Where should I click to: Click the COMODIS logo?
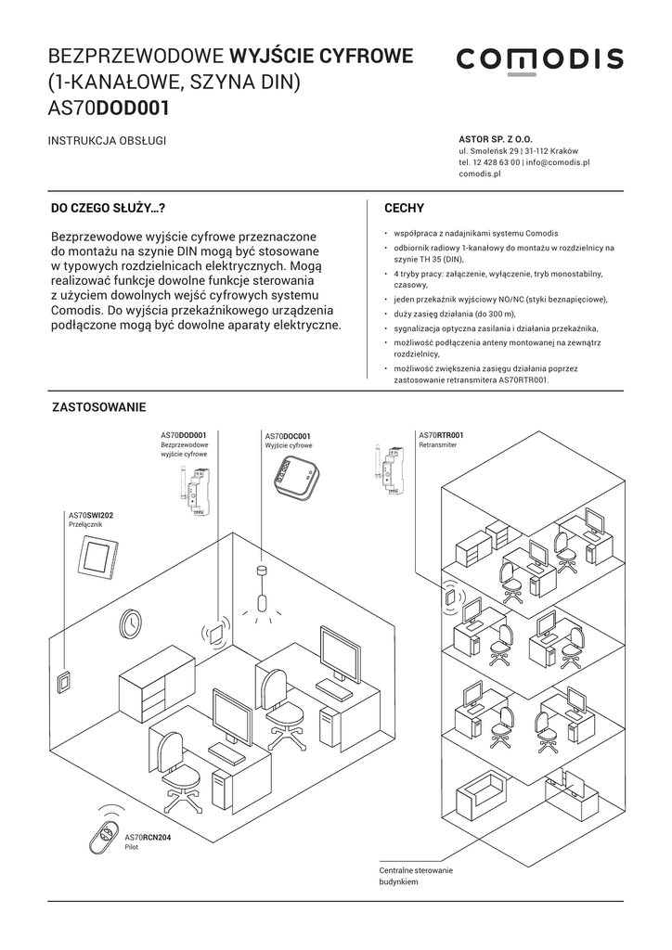click(539, 60)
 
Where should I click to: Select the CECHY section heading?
click(404, 209)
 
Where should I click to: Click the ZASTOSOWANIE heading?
click(99, 407)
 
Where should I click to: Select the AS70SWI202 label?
click(91, 515)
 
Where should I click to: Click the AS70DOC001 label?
click(288, 436)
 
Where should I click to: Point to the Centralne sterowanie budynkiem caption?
click(415, 877)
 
